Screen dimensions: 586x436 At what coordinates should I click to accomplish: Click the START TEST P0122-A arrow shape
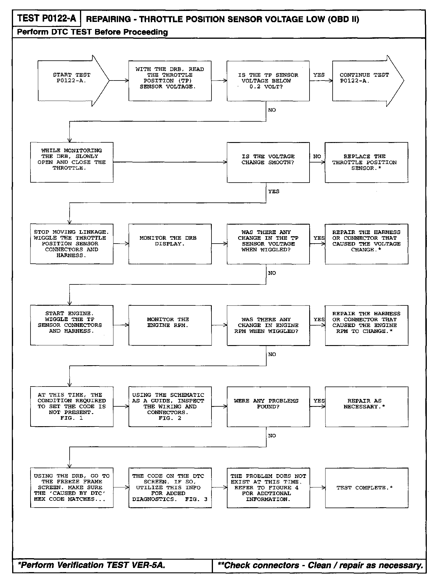click(71, 81)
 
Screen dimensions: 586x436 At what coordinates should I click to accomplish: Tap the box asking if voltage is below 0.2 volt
click(268, 81)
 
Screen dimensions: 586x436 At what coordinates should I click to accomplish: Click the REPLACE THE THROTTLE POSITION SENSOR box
click(366, 162)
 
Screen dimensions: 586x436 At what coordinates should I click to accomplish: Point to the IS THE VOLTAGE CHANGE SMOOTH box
click(268, 162)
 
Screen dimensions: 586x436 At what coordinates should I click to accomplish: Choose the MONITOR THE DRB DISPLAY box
click(170, 244)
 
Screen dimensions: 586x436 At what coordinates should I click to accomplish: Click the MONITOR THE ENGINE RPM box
click(170, 325)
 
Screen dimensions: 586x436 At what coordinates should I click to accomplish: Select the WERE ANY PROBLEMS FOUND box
click(268, 406)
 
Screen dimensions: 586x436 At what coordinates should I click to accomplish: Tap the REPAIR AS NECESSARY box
click(366, 406)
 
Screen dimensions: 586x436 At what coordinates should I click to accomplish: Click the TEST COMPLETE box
click(366, 487)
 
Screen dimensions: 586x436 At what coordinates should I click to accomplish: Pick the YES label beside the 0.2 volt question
click(319, 75)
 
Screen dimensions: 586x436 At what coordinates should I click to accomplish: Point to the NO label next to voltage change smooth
click(317, 156)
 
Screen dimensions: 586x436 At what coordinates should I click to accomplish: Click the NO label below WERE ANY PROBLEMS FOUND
click(272, 436)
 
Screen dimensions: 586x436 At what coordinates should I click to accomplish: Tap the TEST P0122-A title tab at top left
click(47, 18)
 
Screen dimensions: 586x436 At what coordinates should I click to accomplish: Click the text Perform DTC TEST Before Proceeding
click(92, 32)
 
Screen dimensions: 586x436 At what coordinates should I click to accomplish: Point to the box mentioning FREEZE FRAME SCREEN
click(72, 487)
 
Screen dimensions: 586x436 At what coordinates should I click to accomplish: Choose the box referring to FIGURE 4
click(268, 487)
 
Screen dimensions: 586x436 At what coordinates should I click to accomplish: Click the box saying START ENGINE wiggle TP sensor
click(72, 325)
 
